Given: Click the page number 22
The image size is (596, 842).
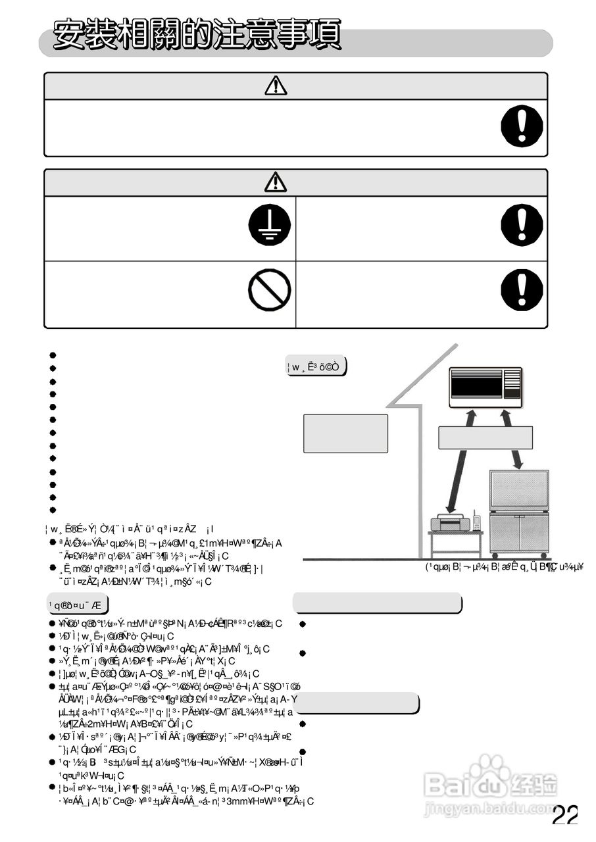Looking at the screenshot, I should pyautogui.click(x=564, y=816).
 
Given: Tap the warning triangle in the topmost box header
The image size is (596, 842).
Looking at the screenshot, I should pyautogui.click(x=276, y=86).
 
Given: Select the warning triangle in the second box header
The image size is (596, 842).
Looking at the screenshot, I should pyautogui.click(x=276, y=182).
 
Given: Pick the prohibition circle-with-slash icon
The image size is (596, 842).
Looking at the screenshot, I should pyautogui.click(x=269, y=291).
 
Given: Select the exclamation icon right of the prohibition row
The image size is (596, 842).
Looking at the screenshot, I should pyautogui.click(x=522, y=291).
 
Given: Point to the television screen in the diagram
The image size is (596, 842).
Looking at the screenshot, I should pyautogui.click(x=519, y=489).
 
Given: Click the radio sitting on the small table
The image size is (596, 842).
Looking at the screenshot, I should pyautogui.click(x=450, y=524).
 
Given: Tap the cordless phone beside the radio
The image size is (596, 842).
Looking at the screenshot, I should pyautogui.click(x=476, y=522).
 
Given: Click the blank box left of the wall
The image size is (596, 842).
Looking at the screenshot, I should pyautogui.click(x=345, y=433).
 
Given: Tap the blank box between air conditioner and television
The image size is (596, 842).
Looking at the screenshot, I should pyautogui.click(x=485, y=437).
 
